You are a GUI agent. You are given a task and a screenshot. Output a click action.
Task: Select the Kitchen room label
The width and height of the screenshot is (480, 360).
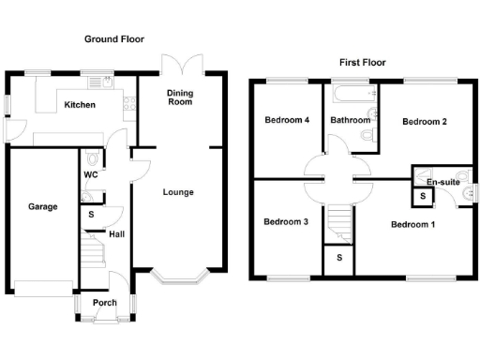click(79, 105)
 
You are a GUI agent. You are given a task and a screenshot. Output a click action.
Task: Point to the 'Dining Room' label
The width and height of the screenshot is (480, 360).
click(180, 97)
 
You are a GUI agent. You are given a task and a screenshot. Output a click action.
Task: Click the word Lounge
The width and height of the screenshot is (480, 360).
click(178, 193)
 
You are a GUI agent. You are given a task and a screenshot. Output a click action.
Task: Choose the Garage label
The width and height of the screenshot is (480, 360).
click(42, 206)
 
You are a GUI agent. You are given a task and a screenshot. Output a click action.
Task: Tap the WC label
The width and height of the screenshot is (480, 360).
click(91, 175)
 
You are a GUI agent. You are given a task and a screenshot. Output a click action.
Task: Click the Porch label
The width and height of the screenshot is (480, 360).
click(104, 303)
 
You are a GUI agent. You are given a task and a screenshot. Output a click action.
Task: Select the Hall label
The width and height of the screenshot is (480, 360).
click(117, 234)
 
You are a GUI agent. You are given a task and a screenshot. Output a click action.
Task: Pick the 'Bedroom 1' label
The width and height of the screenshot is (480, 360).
click(412, 225)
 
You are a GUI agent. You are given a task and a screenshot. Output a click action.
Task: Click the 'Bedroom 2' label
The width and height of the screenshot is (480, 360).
click(424, 122)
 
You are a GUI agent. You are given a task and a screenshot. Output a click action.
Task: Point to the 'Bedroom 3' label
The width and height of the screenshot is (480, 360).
click(286, 222)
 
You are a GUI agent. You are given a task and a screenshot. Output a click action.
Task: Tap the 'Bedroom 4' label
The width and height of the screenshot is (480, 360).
click(286, 120)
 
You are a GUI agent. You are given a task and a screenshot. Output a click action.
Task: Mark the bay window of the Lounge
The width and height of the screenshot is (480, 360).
click(178, 277)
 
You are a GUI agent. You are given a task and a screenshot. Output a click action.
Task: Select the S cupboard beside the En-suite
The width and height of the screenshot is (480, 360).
click(423, 197)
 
